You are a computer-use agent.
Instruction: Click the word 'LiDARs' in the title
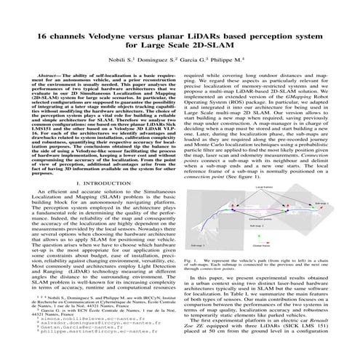click(206, 35)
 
